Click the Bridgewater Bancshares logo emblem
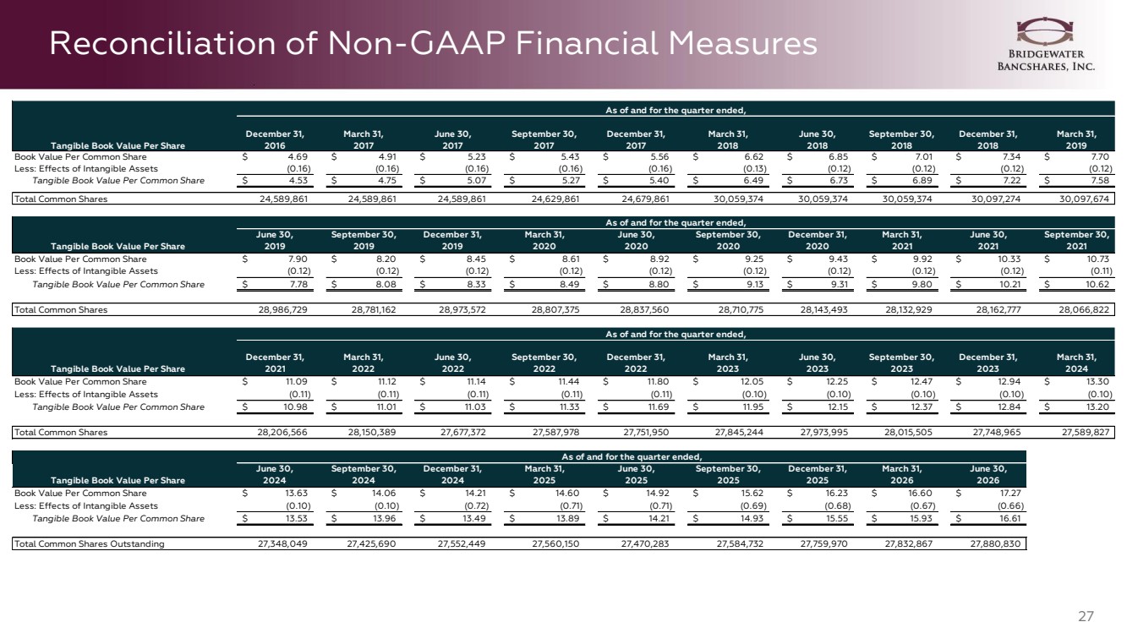click(x=1044, y=31)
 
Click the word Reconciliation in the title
click(x=162, y=43)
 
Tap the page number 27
click(x=1086, y=616)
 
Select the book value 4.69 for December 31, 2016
click(x=298, y=157)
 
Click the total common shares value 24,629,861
click(x=555, y=199)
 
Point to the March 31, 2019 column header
click(x=1076, y=139)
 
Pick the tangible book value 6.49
click(x=752, y=181)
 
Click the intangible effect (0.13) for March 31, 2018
click(x=754, y=169)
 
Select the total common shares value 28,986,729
click(x=282, y=309)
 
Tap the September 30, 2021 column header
click(x=1076, y=240)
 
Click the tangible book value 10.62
click(x=1097, y=285)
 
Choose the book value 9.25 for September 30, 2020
click(x=753, y=259)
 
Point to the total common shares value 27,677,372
click(x=462, y=433)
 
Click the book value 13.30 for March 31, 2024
click(x=1097, y=382)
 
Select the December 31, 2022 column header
click(x=636, y=363)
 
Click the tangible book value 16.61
click(x=1009, y=519)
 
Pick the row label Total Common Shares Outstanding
click(x=89, y=544)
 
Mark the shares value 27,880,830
click(x=996, y=544)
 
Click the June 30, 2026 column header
click(x=987, y=475)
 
